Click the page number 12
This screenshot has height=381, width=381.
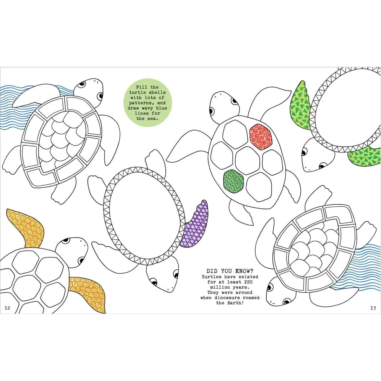[x=7, y=308]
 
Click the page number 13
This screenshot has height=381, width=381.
[x=373, y=308]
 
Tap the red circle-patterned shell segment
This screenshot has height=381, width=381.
[x=261, y=137]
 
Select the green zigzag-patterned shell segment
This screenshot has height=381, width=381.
[x=233, y=181]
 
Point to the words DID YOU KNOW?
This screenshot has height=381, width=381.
[x=230, y=271]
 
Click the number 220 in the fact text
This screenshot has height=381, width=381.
[x=249, y=282]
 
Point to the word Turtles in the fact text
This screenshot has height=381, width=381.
[x=211, y=277]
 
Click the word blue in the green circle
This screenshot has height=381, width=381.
[x=162, y=108]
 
